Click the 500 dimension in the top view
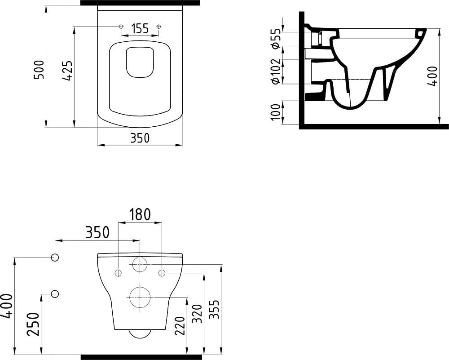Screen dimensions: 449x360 pos(39,70)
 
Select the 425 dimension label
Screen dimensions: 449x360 pos(68,70)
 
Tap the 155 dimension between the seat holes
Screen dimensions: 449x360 pos(140,29)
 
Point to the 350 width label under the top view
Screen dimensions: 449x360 pos(140,138)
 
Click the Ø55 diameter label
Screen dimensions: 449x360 pos(276,38)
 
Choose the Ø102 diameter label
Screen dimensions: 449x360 pos(276,71)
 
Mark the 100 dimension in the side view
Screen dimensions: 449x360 pos(276,112)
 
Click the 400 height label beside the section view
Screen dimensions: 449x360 pos(432,76)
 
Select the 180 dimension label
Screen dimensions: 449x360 pos(140,214)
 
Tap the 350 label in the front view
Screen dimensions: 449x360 pos(97,232)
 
